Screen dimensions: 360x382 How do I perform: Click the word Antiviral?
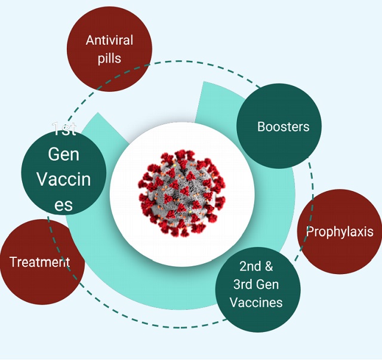click(x=109, y=41)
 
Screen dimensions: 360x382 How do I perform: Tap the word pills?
click(x=109, y=58)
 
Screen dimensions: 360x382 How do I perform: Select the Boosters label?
click(x=283, y=127)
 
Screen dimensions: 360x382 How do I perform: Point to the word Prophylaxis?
click(x=340, y=232)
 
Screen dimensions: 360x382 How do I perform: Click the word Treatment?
click(x=39, y=261)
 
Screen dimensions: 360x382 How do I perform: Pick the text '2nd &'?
click(x=256, y=266)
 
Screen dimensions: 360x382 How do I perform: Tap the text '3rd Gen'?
click(x=256, y=284)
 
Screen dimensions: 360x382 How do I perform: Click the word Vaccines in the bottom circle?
click(x=256, y=302)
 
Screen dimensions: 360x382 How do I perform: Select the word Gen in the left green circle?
click(x=63, y=154)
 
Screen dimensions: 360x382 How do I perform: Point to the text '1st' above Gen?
click(x=63, y=128)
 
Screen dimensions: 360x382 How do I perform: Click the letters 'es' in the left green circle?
click(x=63, y=205)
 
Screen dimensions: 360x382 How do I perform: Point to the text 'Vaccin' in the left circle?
click(x=63, y=179)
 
